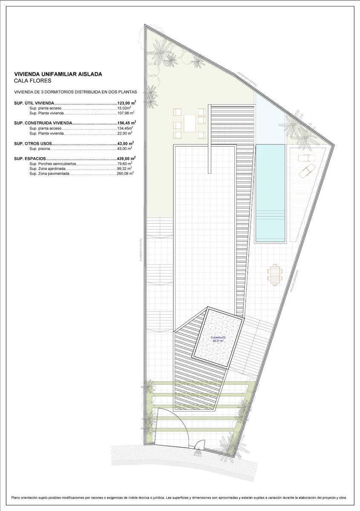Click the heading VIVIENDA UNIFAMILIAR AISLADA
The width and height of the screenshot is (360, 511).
pos(58,74)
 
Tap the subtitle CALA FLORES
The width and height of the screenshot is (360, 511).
pos(32,81)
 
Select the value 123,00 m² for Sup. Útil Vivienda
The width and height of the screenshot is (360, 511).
pos(126,103)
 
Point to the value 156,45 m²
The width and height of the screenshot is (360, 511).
pos(126,123)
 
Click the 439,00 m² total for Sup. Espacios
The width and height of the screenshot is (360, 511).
pos(126,158)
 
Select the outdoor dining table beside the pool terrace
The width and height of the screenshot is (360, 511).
pos(275,274)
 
